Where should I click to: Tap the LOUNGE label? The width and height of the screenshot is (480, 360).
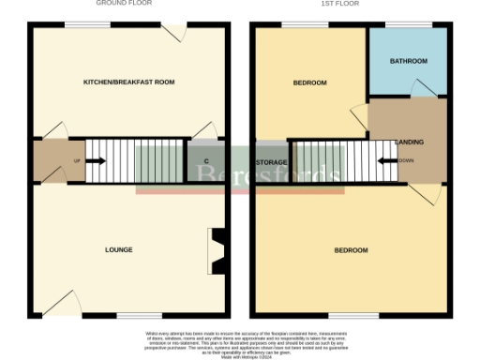point(118,250)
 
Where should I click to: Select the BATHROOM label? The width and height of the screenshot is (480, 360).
point(408,62)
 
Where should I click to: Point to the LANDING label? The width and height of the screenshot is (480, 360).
point(409,142)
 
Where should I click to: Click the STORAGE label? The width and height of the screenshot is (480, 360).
point(271,163)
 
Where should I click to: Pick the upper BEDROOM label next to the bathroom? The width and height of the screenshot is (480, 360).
point(309,82)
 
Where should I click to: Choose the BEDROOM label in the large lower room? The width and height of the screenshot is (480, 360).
point(351,250)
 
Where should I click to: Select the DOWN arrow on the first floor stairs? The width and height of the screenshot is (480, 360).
point(386,160)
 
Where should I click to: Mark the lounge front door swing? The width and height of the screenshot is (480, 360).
point(64,303)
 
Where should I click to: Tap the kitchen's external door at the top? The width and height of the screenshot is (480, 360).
point(171,31)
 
